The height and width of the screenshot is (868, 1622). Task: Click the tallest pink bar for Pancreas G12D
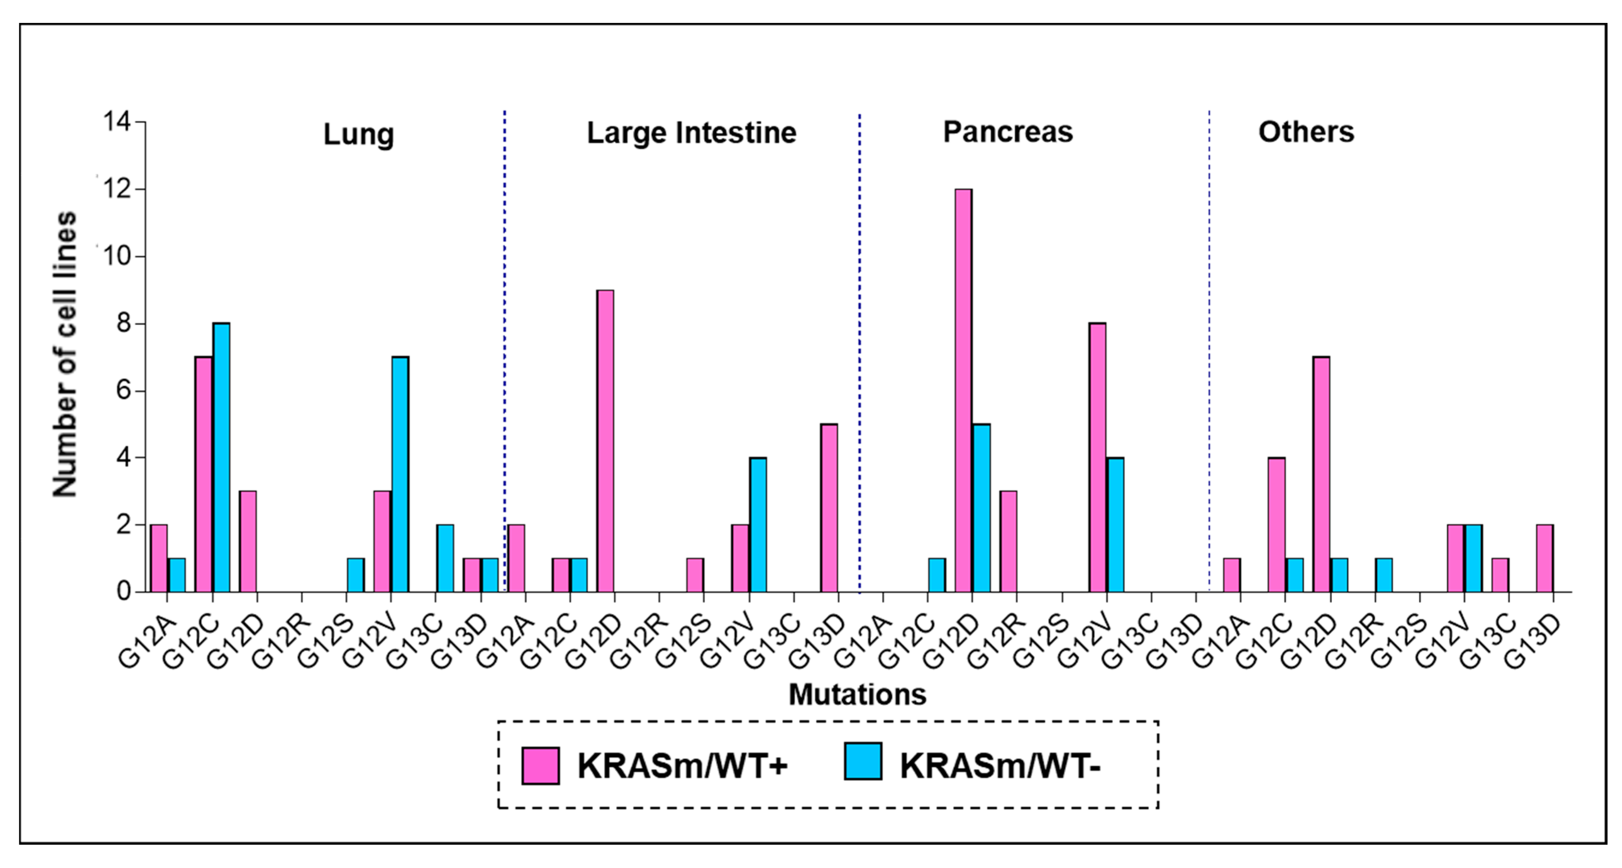point(963,390)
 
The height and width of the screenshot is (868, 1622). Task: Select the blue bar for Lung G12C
point(221,458)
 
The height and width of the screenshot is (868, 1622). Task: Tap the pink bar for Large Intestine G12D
point(605,440)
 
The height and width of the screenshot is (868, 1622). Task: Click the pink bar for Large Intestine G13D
point(829,508)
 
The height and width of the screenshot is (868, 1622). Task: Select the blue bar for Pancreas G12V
point(1115,524)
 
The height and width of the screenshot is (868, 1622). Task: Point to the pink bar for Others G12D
point(1321,474)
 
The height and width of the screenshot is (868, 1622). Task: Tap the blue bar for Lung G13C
point(445,558)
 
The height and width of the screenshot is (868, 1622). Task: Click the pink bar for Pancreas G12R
point(1008,541)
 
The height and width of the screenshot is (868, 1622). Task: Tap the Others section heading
point(1306,132)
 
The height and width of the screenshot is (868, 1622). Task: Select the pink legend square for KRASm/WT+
point(540,765)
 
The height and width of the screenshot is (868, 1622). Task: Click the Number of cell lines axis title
point(65,354)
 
